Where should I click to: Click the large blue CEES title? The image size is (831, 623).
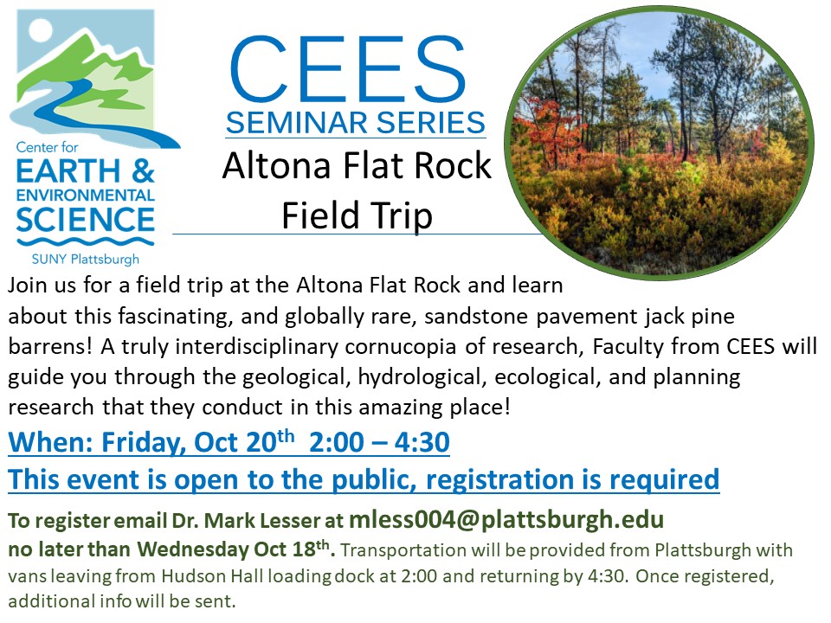pyautogui.click(x=348, y=69)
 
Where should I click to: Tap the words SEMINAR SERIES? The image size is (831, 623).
pyautogui.click(x=356, y=123)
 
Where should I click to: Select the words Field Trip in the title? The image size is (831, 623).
pyautogui.click(x=358, y=215)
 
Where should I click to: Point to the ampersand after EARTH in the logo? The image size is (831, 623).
pyautogui.click(x=143, y=170)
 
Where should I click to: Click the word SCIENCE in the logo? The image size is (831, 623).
pyautogui.click(x=85, y=220)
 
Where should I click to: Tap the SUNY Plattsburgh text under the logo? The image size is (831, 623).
pyautogui.click(x=86, y=259)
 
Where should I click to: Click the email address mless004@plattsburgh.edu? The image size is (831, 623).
pyautogui.click(x=506, y=520)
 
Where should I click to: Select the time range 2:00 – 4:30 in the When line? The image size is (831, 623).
pyautogui.click(x=379, y=442)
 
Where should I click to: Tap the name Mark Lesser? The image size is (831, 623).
pyautogui.click(x=261, y=521)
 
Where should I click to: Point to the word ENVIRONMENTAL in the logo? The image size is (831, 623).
pyautogui.click(x=86, y=195)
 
